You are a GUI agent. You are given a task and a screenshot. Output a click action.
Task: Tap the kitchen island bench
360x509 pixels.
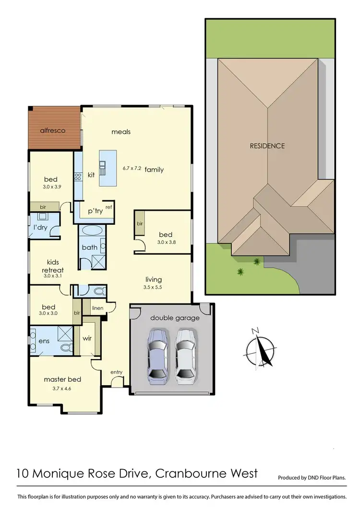[108, 168]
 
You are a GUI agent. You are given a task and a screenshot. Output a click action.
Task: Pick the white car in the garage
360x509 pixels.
[186, 356]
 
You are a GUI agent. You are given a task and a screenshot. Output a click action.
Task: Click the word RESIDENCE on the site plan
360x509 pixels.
[266, 146]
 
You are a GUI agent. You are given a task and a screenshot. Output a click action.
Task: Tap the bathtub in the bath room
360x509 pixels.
[90, 231]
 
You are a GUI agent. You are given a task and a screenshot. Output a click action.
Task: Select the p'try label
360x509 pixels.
[95, 211]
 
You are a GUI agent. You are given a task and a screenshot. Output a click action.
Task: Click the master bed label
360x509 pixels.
[62, 379]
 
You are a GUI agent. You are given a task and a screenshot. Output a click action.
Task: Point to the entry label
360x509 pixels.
[116, 372]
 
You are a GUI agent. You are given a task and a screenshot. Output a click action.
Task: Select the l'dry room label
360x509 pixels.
[40, 227]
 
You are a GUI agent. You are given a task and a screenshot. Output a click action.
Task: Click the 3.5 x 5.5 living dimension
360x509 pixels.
[154, 288]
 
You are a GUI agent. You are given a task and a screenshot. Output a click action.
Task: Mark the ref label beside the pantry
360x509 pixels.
[108, 207]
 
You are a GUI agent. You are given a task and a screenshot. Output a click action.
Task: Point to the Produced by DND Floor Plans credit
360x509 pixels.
[312, 478]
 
